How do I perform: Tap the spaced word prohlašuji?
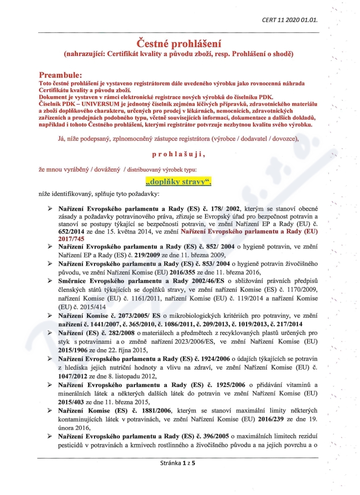point(179,154)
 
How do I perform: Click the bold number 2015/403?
point(74,400)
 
